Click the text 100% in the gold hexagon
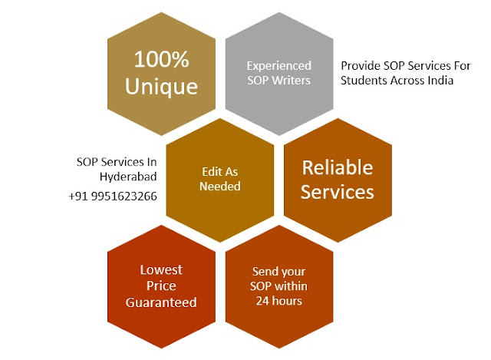[161, 59]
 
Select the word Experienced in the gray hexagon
[278, 67]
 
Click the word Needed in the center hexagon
[219, 187]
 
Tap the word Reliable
[337, 167]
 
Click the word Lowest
[161, 270]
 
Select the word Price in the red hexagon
[161, 286]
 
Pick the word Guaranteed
[161, 302]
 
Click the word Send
[265, 271]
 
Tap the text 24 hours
[278, 300]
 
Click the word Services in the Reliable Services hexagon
[337, 191]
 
